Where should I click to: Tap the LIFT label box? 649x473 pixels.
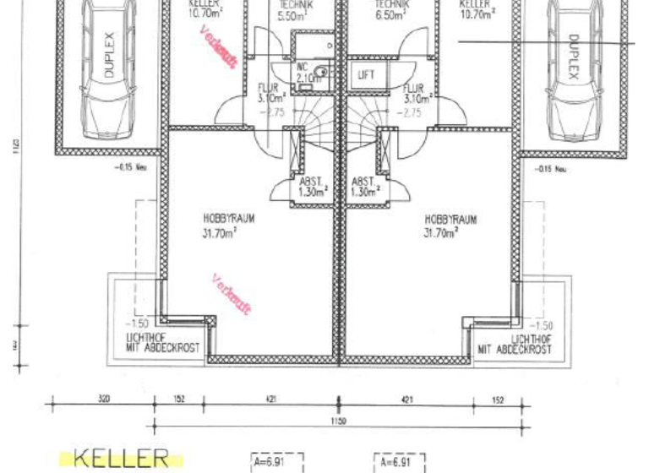coord(366,75)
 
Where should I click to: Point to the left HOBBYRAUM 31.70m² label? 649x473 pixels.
coord(228,226)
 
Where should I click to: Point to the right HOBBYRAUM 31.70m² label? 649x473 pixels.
coord(450,225)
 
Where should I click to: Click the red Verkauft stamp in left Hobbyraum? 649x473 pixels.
coord(231,295)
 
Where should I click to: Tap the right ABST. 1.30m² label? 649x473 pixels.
coord(363,187)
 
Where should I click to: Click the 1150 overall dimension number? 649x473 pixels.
coord(338,420)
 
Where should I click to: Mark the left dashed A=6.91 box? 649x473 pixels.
coord(276,463)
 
